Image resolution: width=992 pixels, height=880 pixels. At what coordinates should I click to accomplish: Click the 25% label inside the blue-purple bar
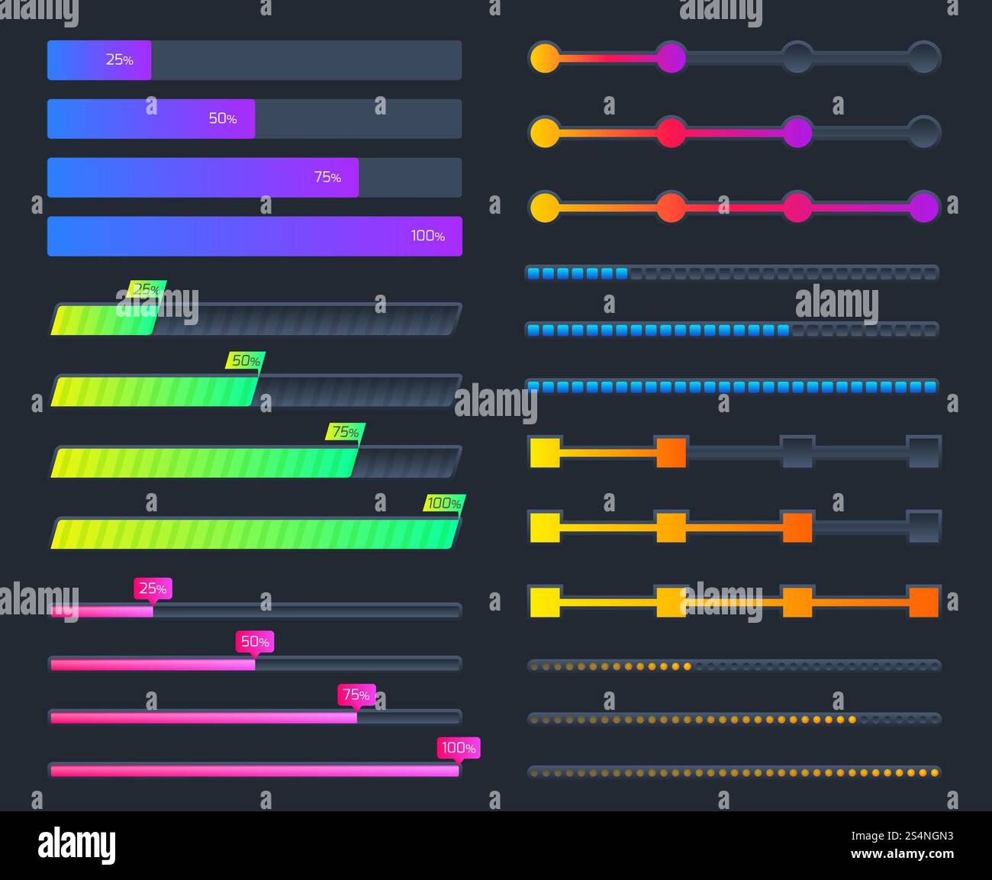click(x=119, y=60)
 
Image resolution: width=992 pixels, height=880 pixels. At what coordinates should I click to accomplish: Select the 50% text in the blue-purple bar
click(x=223, y=118)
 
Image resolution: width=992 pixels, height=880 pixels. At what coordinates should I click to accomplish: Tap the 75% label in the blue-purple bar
click(x=327, y=177)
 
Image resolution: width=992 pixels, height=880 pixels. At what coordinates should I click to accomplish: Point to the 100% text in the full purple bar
click(x=427, y=236)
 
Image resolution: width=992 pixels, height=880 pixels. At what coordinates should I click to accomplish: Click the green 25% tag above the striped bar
click(x=147, y=289)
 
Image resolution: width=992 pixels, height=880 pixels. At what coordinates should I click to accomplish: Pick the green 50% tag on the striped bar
click(x=245, y=360)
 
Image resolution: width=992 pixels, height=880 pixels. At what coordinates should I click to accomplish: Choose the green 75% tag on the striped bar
click(x=345, y=432)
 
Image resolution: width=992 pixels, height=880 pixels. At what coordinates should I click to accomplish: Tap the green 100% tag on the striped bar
click(x=444, y=503)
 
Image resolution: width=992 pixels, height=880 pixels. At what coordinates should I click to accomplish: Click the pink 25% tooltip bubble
click(x=153, y=588)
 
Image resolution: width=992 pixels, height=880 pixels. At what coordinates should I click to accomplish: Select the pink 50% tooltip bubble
click(x=255, y=641)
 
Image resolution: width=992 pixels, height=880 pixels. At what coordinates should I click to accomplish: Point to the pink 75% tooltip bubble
click(x=356, y=695)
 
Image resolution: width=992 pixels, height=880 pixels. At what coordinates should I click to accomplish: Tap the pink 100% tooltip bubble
click(x=459, y=748)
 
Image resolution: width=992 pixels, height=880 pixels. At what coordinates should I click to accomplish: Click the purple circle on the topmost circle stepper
click(x=672, y=58)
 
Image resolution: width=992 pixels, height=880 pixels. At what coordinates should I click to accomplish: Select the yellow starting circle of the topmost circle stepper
click(x=545, y=58)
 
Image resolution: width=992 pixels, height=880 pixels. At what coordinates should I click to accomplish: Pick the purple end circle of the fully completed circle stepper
click(x=923, y=207)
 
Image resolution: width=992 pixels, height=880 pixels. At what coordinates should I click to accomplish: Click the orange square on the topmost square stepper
click(x=672, y=452)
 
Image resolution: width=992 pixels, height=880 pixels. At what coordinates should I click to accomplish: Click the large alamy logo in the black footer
click(x=77, y=845)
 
